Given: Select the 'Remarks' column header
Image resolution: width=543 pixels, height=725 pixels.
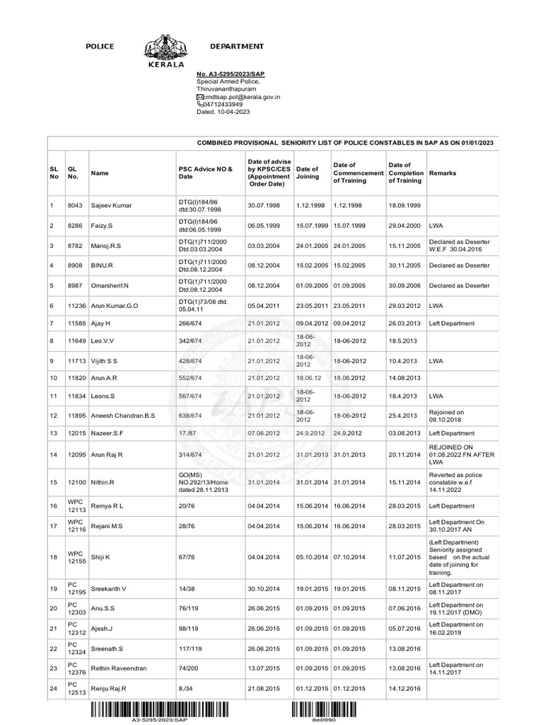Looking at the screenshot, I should coord(443,173).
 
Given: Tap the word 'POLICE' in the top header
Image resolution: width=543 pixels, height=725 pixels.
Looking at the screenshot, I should coord(100,46).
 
